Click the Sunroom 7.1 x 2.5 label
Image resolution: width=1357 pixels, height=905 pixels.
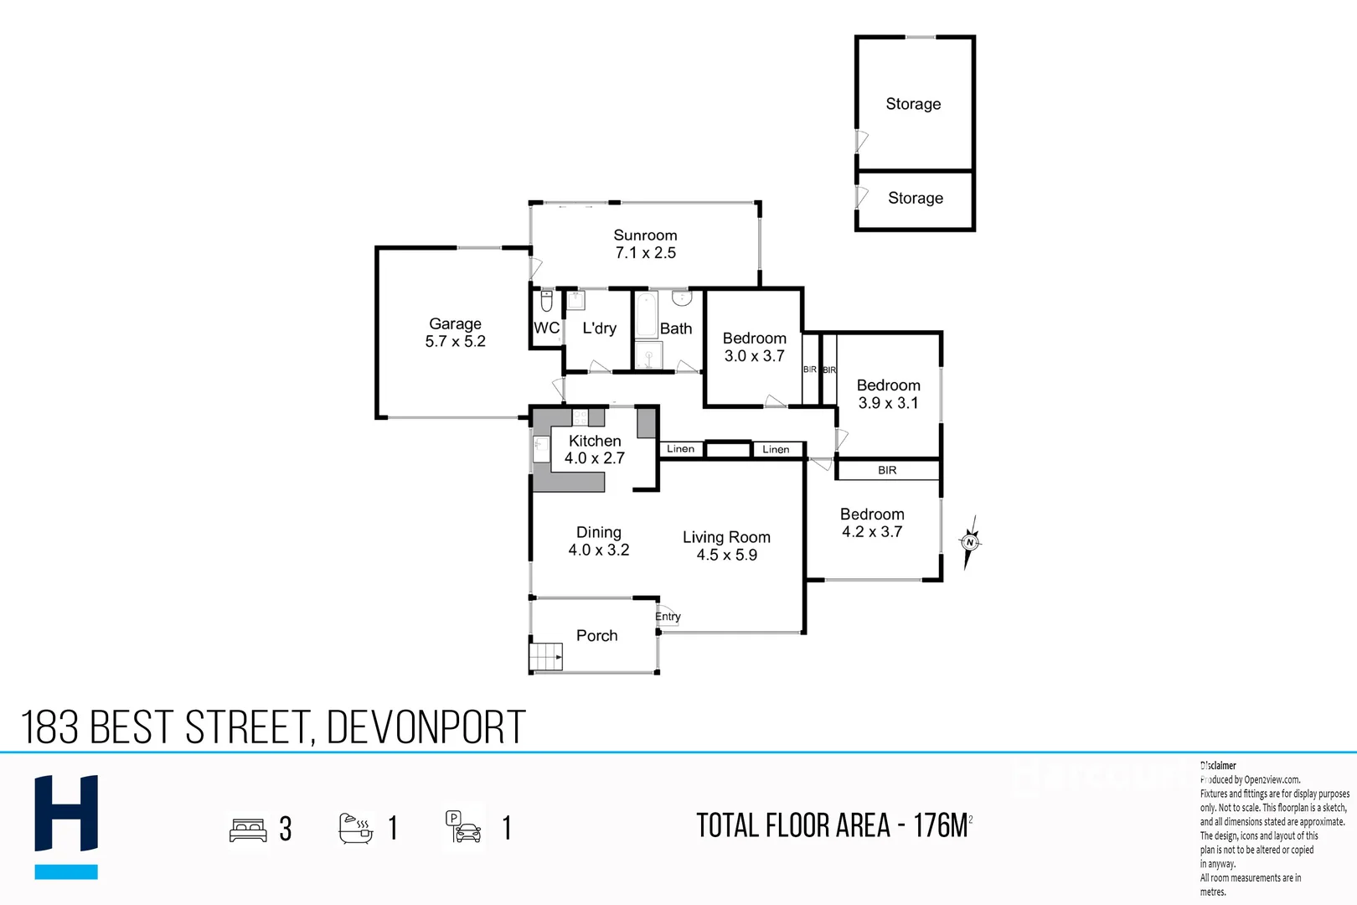tap(645, 244)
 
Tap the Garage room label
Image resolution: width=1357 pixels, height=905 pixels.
tap(455, 332)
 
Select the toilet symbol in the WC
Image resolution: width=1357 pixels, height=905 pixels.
tap(546, 301)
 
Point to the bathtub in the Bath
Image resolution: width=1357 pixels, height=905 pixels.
tap(646, 315)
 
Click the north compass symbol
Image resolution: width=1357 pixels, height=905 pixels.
tap(970, 542)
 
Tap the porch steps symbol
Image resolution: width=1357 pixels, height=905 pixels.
tap(546, 656)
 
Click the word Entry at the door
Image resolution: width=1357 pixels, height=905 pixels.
tap(668, 617)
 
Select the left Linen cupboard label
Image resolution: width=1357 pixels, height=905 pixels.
tap(680, 449)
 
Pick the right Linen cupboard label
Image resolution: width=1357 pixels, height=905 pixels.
tap(776, 450)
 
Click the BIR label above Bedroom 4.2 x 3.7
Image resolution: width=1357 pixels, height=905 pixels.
tap(887, 470)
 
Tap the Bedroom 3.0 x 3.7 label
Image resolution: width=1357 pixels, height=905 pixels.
tap(754, 347)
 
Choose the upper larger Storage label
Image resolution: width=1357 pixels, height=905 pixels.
tap(913, 104)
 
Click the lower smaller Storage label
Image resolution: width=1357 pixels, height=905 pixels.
tap(915, 199)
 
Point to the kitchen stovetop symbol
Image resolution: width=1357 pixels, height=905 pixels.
tap(580, 416)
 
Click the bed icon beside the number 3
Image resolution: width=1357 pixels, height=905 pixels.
tap(248, 830)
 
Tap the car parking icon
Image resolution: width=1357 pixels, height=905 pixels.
tap(464, 827)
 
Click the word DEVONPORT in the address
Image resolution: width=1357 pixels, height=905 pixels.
tap(426, 727)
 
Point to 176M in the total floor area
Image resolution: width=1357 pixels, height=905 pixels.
tap(940, 826)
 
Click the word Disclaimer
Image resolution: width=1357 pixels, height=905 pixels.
tap(1219, 765)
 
